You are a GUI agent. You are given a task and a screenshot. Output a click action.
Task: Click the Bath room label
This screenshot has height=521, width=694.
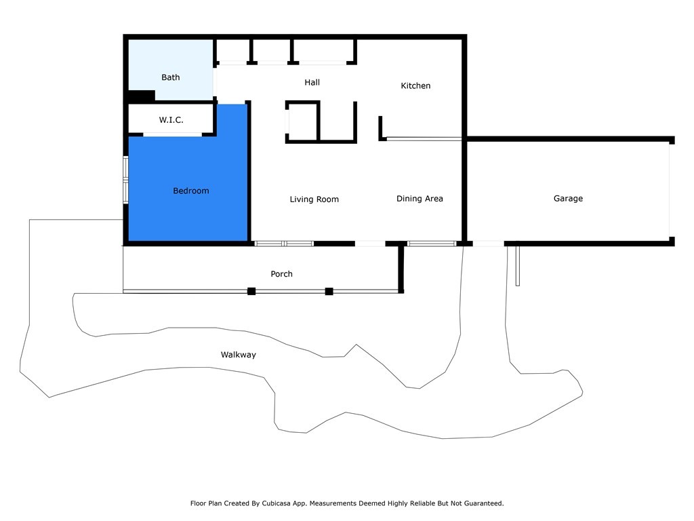171,77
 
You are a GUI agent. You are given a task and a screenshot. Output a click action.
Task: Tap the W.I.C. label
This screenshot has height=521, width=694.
171,120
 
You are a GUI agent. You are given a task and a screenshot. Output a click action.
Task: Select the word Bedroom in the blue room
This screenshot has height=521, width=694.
191,191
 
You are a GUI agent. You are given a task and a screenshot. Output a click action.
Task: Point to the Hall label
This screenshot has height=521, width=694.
312,83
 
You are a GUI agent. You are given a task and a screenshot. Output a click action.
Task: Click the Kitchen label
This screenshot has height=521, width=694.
415,86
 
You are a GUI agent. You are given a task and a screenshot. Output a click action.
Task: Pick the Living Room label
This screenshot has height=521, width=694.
314,199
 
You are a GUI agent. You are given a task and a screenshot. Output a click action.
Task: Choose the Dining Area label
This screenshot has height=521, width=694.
420,199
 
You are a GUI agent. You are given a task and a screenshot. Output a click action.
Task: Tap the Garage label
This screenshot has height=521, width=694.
568,199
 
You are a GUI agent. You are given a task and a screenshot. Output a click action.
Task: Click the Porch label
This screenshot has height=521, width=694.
282,274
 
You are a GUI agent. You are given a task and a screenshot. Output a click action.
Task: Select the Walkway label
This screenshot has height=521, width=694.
239,355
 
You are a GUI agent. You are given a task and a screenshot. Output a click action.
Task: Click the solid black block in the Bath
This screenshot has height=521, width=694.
142,96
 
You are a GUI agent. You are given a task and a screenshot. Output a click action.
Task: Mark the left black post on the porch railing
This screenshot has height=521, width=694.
251,291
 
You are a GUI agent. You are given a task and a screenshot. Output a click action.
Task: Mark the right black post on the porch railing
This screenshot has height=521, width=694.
329,291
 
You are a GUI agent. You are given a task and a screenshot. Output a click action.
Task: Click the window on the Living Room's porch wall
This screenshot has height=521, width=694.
284,244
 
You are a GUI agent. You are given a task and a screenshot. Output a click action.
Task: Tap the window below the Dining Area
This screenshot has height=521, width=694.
432,244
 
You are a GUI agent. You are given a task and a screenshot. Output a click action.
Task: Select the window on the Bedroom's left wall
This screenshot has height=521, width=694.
125,180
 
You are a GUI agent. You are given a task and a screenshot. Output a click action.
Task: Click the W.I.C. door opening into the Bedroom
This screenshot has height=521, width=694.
172,135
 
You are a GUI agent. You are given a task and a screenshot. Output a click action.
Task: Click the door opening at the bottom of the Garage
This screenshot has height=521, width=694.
488,244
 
